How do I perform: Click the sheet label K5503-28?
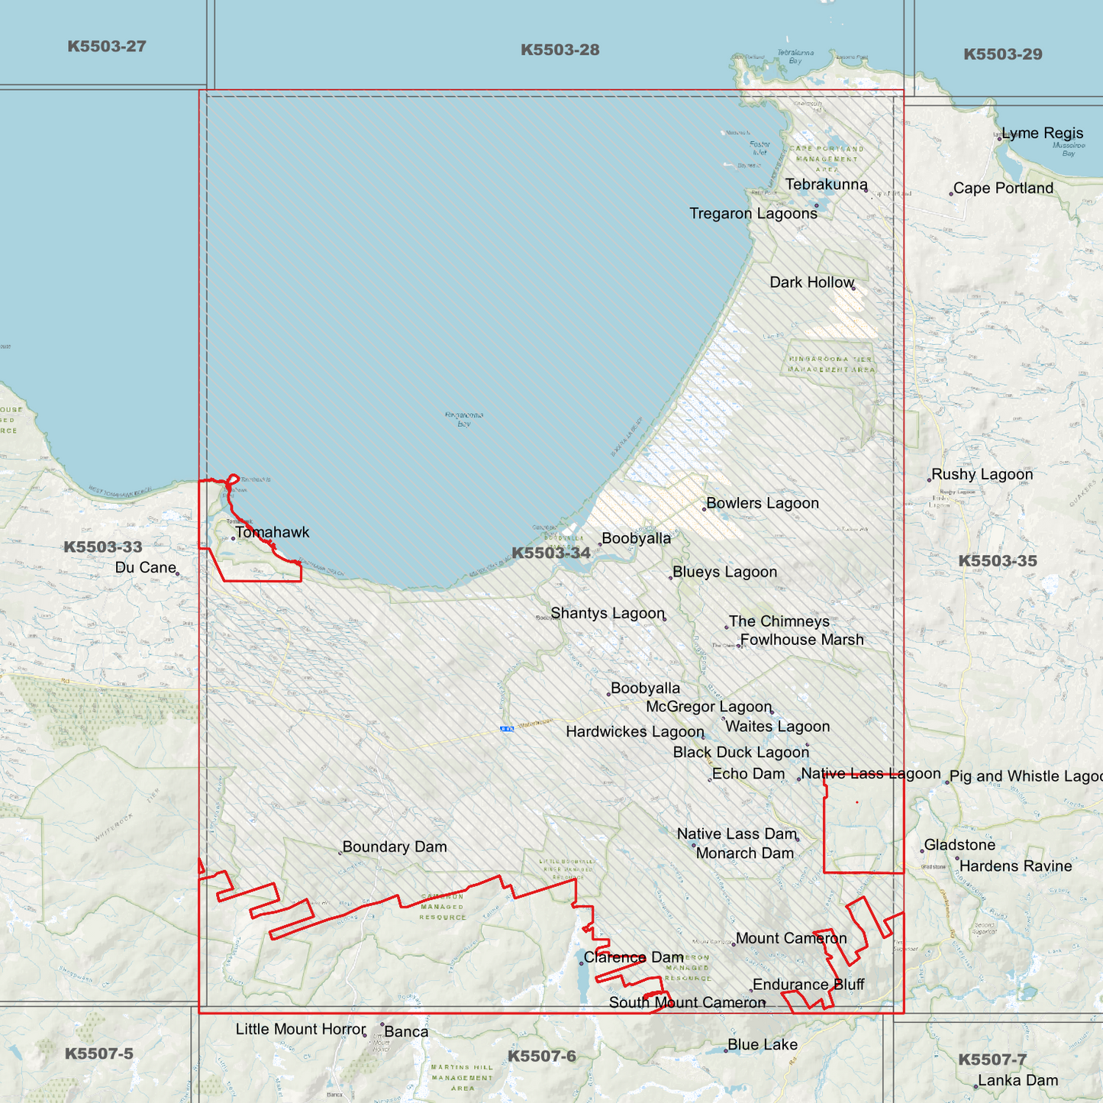click(x=560, y=50)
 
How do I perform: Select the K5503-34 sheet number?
click(x=550, y=553)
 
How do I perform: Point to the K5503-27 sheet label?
click(x=106, y=47)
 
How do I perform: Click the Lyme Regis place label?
click(x=1042, y=134)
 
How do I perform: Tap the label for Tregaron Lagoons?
click(x=753, y=214)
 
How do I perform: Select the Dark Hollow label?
click(x=811, y=282)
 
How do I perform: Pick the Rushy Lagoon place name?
click(x=982, y=474)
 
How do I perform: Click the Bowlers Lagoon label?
click(x=762, y=503)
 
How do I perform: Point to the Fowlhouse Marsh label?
click(x=801, y=640)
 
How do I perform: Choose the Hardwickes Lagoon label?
click(x=634, y=731)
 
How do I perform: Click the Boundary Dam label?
click(x=394, y=847)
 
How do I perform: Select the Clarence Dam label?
click(x=633, y=957)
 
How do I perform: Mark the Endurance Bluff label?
click(x=808, y=985)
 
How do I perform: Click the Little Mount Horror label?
click(x=300, y=1029)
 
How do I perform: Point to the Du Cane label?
click(x=145, y=567)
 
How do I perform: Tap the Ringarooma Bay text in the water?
click(x=463, y=419)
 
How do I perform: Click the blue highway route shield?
click(x=507, y=729)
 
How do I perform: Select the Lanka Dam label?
click(x=1018, y=1080)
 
